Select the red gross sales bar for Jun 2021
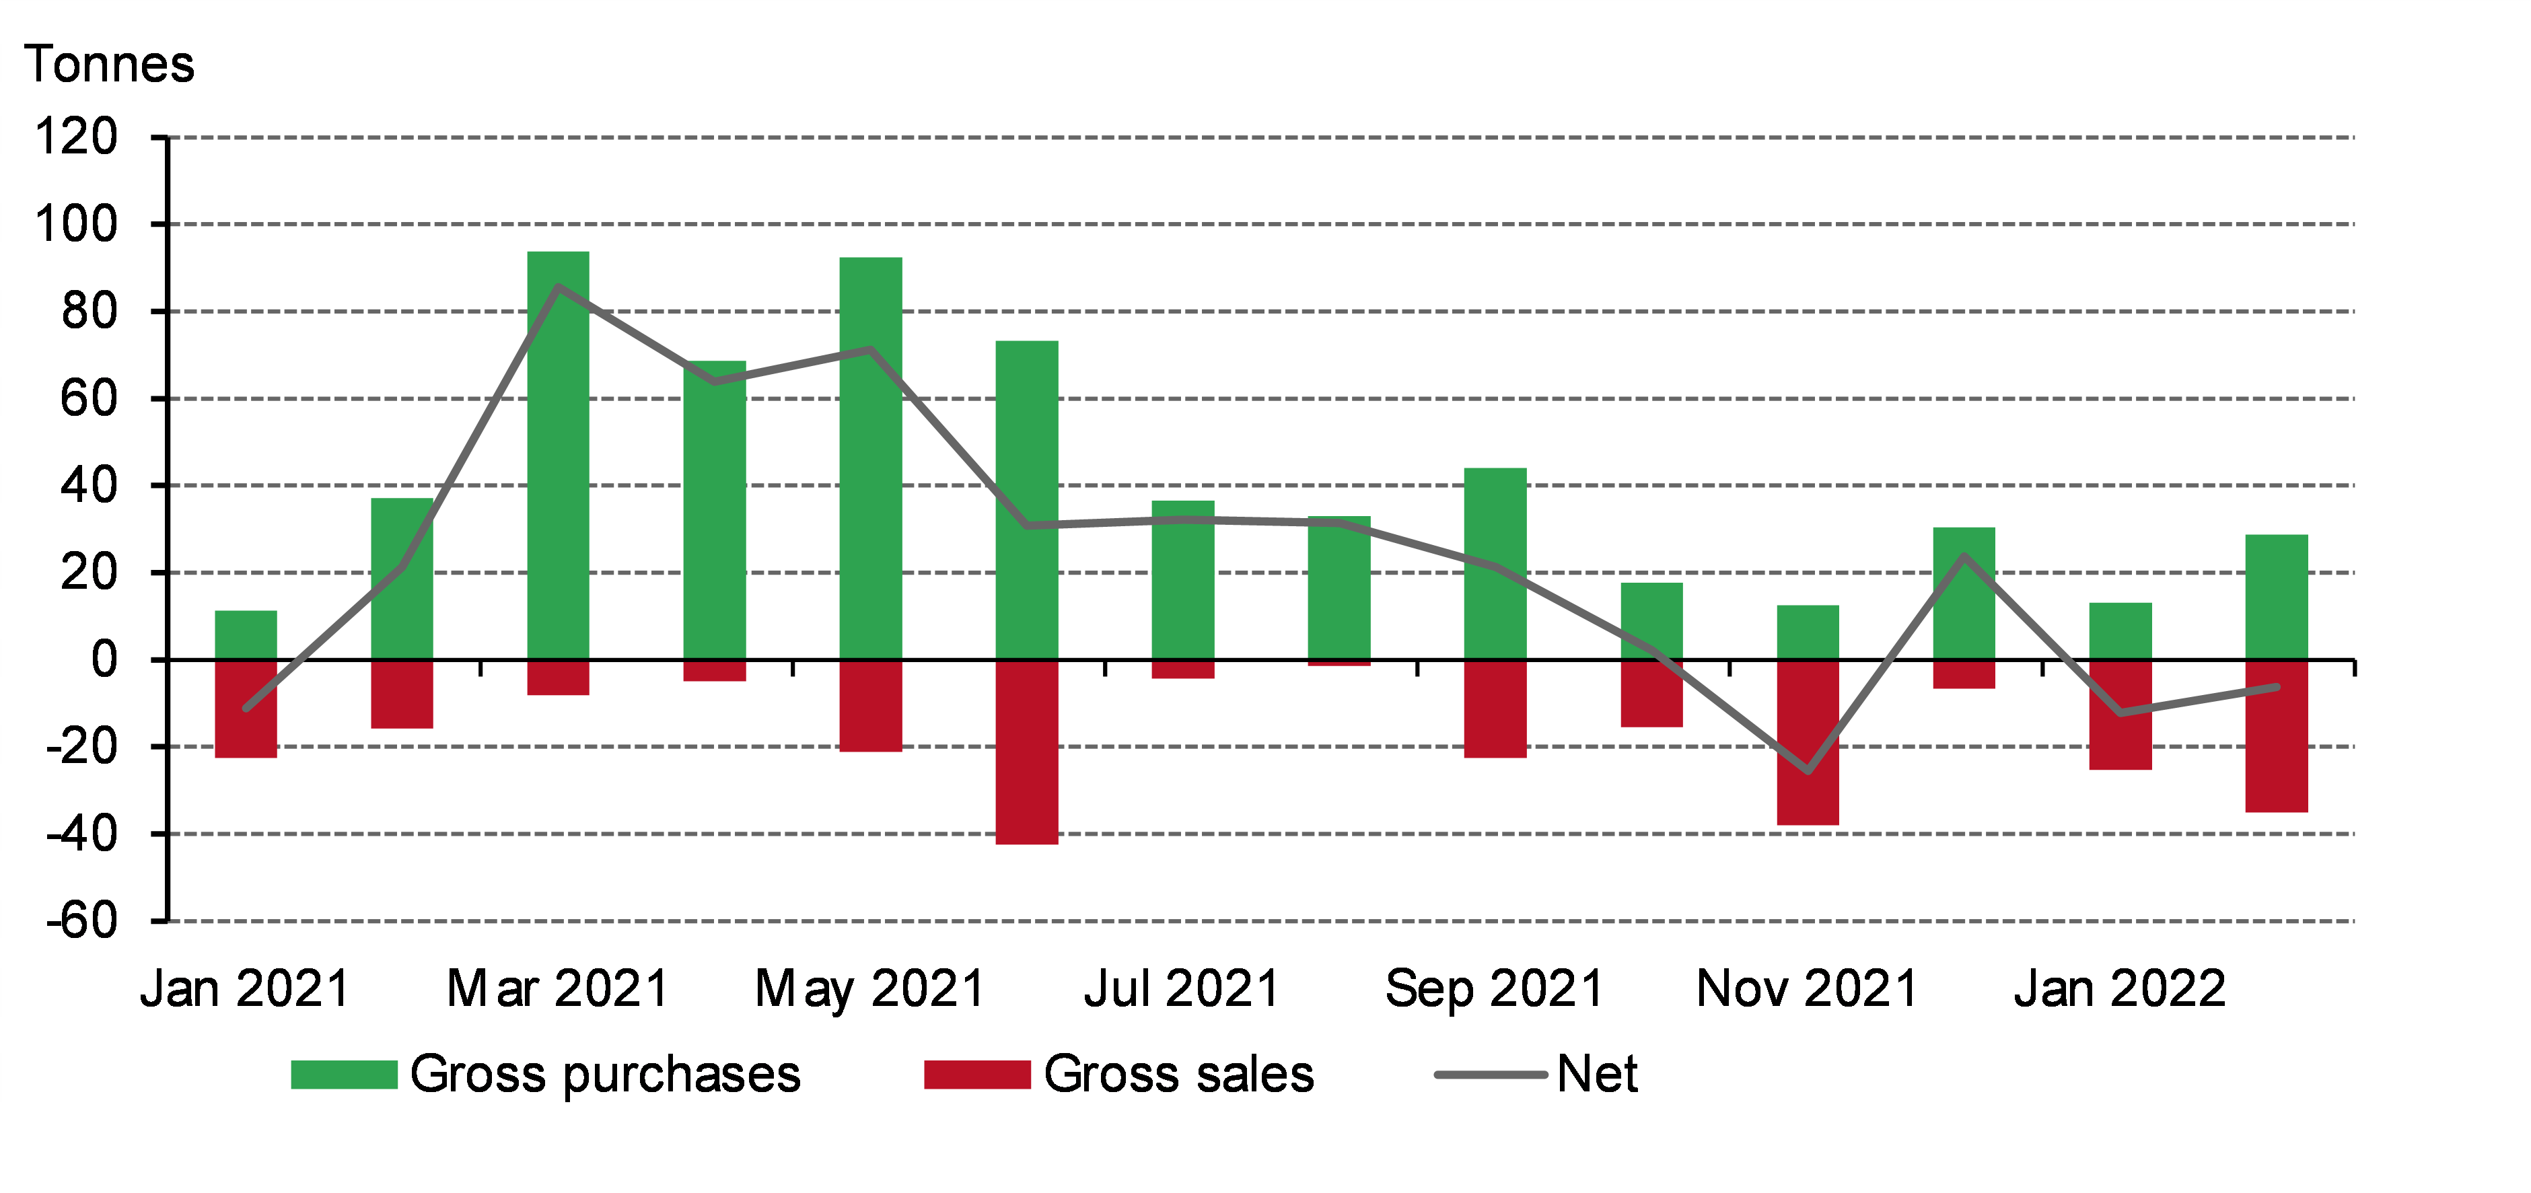click(1027, 752)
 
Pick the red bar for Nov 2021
click(1808, 742)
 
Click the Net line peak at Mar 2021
click(558, 287)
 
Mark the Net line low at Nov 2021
click(1808, 770)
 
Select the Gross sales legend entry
click(1119, 1074)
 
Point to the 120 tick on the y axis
click(75, 137)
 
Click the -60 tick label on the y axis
click(81, 920)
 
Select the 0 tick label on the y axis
click(103, 659)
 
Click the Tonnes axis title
click(109, 65)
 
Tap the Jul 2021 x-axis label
click(1182, 988)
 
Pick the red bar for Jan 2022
click(2120, 715)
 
